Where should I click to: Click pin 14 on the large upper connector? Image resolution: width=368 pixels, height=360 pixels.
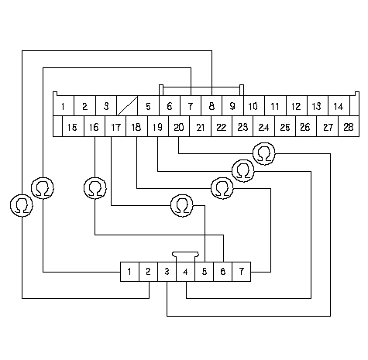[x=339, y=106]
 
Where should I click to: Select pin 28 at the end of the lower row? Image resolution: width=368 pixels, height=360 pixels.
[x=349, y=126]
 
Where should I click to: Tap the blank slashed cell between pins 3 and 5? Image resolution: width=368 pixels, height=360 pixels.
[x=127, y=106]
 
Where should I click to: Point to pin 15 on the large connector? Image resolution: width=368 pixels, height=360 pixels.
[x=73, y=126]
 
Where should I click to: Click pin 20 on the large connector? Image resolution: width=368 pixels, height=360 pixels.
[x=179, y=126]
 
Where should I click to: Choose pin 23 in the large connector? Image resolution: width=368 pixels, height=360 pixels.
[x=242, y=126]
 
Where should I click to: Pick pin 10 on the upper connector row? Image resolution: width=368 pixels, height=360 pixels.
[x=254, y=106]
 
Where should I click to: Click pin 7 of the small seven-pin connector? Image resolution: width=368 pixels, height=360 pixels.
[x=242, y=272]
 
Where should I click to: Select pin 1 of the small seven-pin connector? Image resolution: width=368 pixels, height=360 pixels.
[x=129, y=272]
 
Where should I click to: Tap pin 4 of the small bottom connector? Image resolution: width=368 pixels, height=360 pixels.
[x=186, y=272]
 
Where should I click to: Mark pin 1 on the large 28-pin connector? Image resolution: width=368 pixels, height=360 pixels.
[x=64, y=106]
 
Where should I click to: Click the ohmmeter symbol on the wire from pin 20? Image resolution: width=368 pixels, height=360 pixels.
[x=264, y=154]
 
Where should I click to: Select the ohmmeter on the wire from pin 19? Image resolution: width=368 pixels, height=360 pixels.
[x=243, y=171]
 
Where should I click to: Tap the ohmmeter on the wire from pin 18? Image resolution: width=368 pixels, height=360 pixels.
[x=222, y=188]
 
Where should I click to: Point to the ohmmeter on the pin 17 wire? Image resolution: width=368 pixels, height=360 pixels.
[x=182, y=206]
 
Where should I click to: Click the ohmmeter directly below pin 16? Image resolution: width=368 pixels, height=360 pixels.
[x=95, y=188]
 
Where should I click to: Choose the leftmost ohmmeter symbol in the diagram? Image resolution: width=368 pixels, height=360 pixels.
[x=22, y=206]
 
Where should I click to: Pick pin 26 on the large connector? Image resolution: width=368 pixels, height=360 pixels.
[x=306, y=126]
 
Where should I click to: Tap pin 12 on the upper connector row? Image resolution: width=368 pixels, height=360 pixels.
[x=297, y=106]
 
